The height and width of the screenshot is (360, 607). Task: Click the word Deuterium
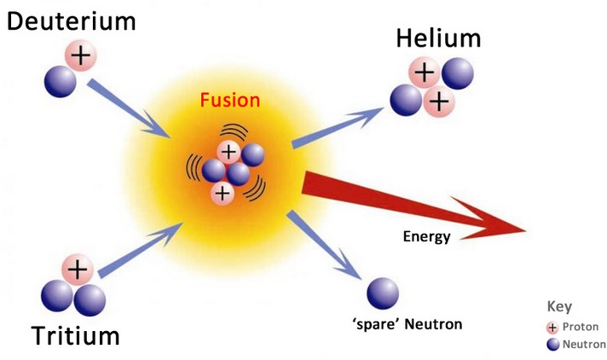72,20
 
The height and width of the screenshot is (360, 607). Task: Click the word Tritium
76,335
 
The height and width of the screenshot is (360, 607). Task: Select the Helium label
438,38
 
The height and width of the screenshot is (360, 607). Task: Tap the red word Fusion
230,100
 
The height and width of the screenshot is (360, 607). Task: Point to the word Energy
425,236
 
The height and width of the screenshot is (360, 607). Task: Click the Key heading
558,307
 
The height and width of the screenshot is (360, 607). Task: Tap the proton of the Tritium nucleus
77,270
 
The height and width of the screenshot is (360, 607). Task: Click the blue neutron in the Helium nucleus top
456,73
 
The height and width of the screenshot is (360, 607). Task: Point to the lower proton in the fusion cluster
223,193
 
